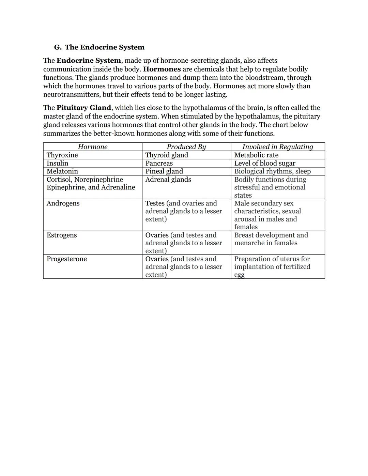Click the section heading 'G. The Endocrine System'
[x=99, y=47]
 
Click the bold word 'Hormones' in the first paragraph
[x=162, y=69]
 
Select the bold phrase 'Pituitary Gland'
[x=84, y=108]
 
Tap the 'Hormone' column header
[x=92, y=147]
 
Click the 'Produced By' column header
[x=186, y=147]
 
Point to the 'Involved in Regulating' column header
[x=277, y=147]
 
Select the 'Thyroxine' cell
[x=62, y=155]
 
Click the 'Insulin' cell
[x=57, y=163]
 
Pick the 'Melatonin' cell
[x=62, y=171]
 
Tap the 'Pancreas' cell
[x=159, y=163]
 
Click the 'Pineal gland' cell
[x=164, y=171]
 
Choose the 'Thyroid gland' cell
[x=167, y=155]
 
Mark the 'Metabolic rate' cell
[x=256, y=155]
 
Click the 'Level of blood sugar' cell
[x=265, y=163]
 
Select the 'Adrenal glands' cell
[x=168, y=180]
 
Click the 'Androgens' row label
[x=63, y=203]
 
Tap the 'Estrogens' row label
[x=62, y=235]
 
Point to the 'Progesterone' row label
[x=67, y=259]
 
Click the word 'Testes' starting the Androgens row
[x=155, y=203]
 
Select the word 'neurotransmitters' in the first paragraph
[x=72, y=95]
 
